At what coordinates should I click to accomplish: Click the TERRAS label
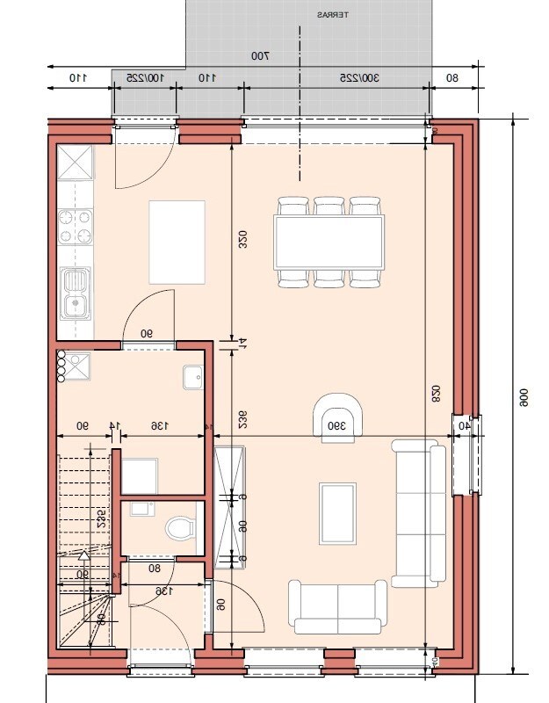[331, 14]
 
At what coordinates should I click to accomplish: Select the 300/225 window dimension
[359, 78]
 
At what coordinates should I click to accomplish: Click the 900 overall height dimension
[523, 401]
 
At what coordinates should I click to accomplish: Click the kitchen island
[177, 242]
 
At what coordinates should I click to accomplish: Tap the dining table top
[329, 242]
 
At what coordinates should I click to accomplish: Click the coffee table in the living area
[338, 512]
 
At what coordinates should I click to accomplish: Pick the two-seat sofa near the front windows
[339, 606]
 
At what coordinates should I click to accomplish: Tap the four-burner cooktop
[76, 226]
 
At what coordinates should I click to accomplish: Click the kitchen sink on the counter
[76, 293]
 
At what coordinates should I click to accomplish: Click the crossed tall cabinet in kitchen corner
[76, 162]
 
